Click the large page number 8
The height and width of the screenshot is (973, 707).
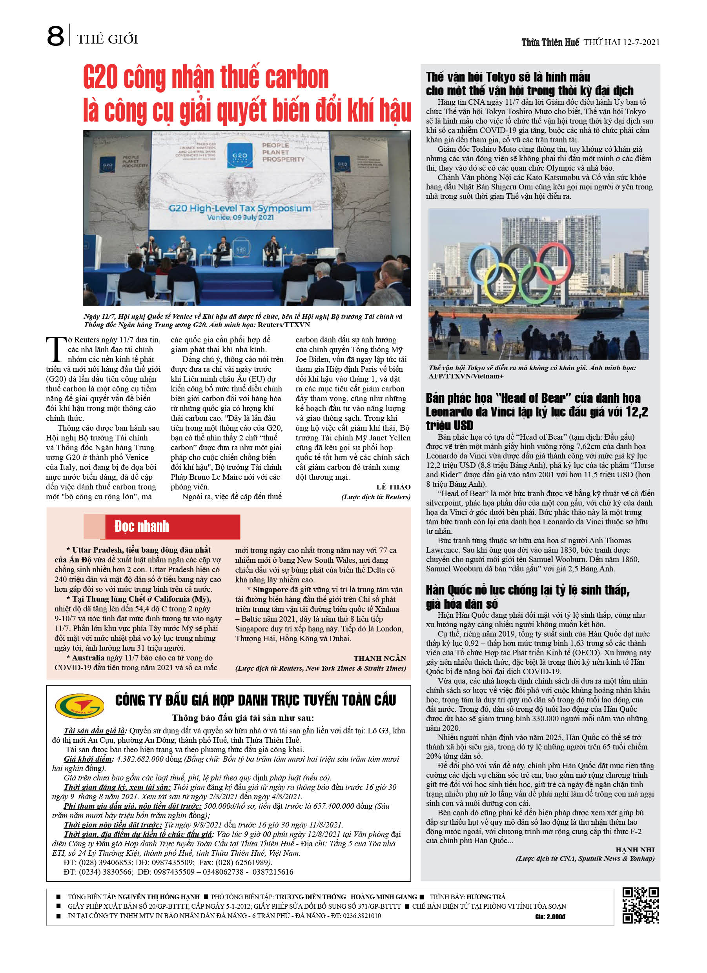(x=55, y=36)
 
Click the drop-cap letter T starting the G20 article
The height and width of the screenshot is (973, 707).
(x=56, y=349)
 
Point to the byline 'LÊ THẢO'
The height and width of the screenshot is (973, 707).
(x=393, y=487)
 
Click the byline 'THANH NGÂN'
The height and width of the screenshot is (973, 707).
(x=379, y=658)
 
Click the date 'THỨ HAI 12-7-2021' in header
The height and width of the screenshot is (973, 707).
(x=621, y=42)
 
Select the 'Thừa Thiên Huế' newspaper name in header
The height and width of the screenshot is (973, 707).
(x=550, y=42)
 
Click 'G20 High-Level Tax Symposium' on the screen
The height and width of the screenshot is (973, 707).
(x=240, y=209)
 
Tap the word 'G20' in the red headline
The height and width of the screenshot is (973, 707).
(x=100, y=78)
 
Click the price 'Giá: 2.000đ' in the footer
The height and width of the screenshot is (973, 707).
(x=550, y=917)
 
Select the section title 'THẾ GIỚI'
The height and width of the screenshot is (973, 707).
(x=108, y=40)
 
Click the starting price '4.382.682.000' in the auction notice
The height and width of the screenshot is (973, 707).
(x=140, y=759)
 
